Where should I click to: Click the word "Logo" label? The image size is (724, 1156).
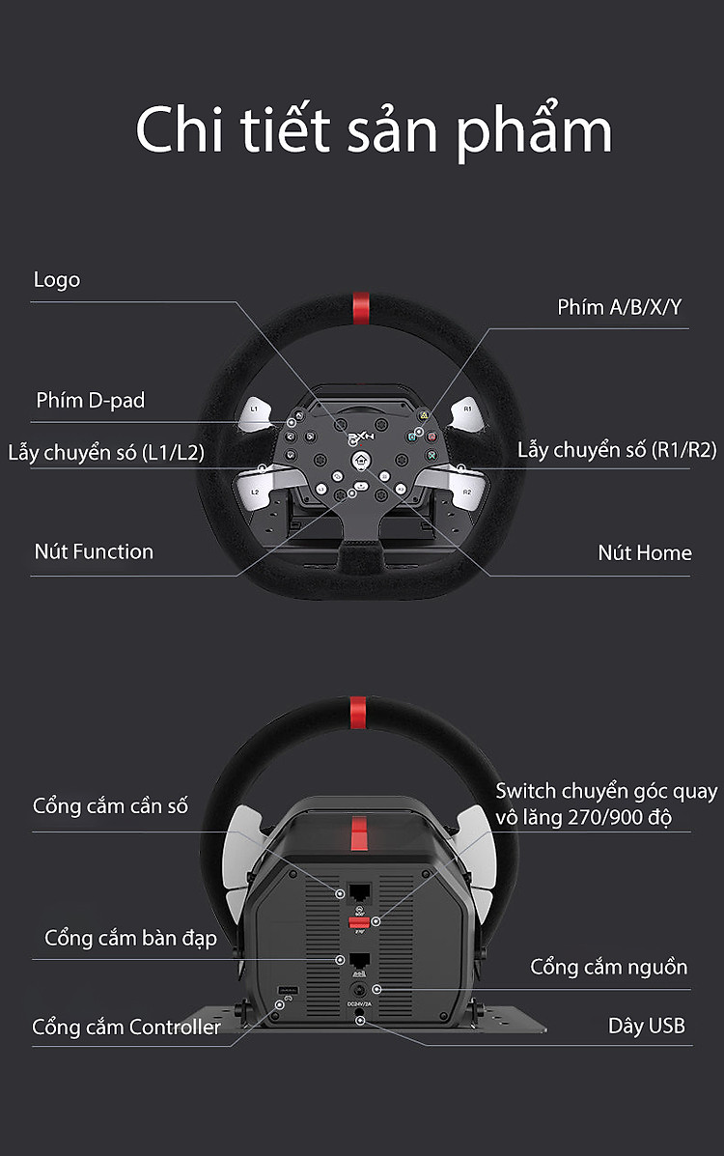[x=57, y=280]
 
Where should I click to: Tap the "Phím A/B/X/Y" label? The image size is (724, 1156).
[x=619, y=307]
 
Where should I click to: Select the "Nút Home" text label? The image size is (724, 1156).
[x=644, y=553]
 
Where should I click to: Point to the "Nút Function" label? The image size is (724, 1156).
[x=94, y=552]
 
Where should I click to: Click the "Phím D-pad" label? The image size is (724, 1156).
[x=90, y=400]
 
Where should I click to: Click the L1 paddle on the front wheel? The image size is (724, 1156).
[x=256, y=409]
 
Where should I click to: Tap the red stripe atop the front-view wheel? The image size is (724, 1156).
[x=359, y=307]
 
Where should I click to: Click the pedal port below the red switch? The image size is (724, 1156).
[x=359, y=961]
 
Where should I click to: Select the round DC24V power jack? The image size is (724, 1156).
[x=359, y=990]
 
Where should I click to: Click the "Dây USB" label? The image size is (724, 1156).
[x=646, y=1026]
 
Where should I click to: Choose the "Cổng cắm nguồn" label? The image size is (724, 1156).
[x=608, y=967]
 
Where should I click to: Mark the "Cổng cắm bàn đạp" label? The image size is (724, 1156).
[x=130, y=938]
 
